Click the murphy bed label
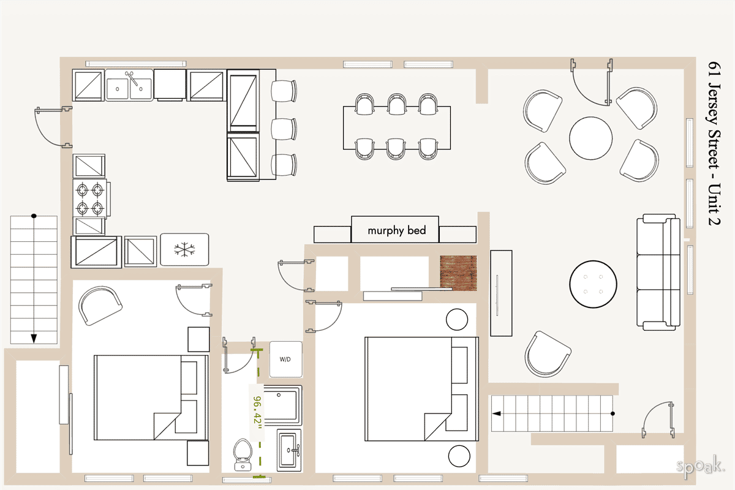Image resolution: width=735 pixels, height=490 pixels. (395, 231)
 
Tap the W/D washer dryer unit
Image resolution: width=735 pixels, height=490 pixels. (285, 359)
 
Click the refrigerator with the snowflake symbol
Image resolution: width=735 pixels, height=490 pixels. (184, 249)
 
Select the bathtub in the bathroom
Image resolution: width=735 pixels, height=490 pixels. (280, 405)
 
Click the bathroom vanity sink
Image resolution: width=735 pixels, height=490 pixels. (288, 450)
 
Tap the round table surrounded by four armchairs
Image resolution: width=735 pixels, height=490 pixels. (590, 138)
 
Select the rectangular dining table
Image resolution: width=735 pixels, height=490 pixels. (396, 127)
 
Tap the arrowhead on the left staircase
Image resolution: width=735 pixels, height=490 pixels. (34, 338)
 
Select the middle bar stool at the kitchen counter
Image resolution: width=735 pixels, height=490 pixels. (284, 129)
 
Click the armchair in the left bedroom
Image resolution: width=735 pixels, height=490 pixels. (100, 306)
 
